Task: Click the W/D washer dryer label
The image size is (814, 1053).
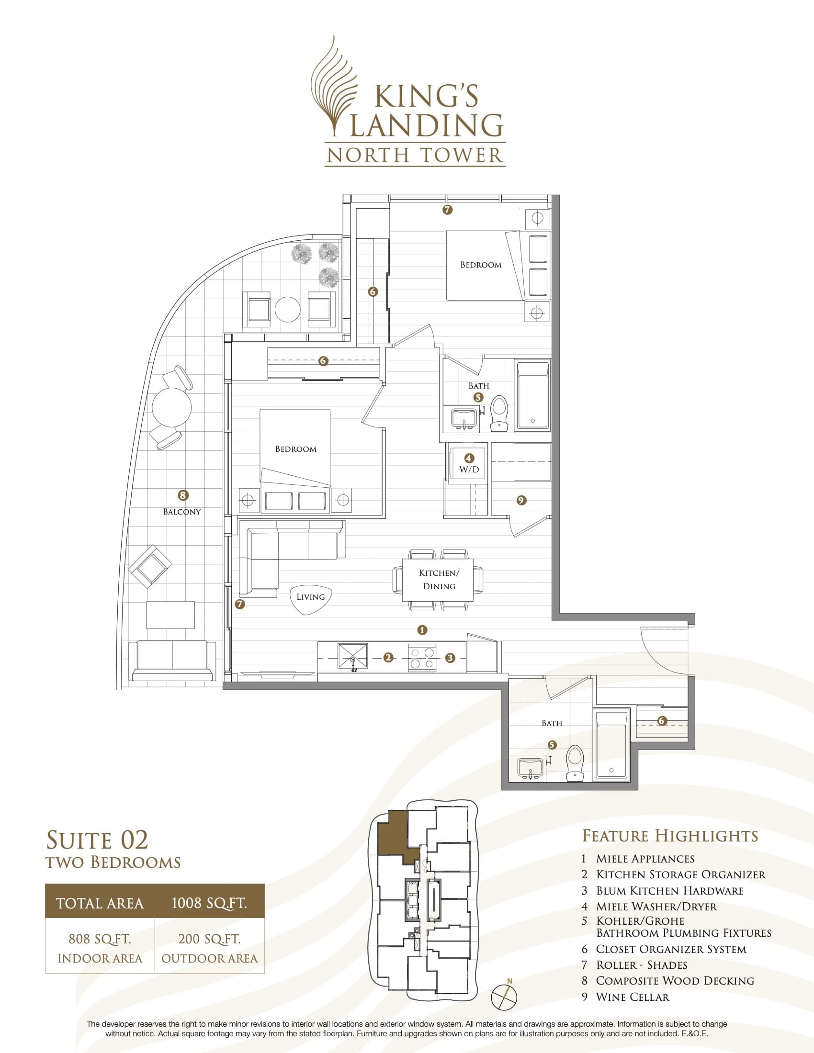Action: tap(469, 469)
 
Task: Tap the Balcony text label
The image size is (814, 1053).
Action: tap(181, 512)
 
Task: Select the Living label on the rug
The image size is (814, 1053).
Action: tap(311, 597)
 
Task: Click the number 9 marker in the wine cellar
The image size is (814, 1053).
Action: tap(521, 501)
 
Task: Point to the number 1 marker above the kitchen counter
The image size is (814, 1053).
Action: tap(422, 630)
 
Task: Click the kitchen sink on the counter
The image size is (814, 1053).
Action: tap(352, 656)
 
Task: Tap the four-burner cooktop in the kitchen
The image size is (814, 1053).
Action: tap(422, 658)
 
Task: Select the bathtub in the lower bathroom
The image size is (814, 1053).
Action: tap(611, 744)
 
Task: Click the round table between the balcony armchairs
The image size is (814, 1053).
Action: tap(287, 309)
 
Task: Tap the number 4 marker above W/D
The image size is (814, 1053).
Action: tap(469, 458)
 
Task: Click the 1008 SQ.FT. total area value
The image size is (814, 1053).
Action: tap(209, 903)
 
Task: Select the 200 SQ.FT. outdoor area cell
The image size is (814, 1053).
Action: tap(209, 947)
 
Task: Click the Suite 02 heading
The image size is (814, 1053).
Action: tap(97, 840)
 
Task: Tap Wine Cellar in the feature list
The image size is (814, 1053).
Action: tap(632, 997)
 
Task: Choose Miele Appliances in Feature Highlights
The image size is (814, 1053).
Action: tap(645, 859)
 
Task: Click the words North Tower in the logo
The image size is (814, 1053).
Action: tap(415, 155)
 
